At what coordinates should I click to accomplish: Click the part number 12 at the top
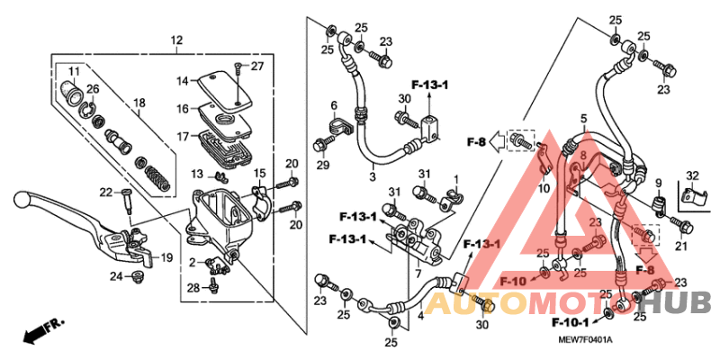(x=176, y=40)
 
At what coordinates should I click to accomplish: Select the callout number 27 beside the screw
(x=257, y=67)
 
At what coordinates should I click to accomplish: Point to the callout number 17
(x=182, y=137)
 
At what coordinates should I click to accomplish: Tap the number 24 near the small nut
(x=115, y=275)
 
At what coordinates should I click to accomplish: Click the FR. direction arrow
(x=40, y=330)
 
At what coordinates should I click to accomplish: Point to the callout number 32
(x=691, y=175)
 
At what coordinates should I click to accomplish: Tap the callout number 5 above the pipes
(x=583, y=119)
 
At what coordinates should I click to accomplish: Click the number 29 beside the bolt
(x=323, y=166)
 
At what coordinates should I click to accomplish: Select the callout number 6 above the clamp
(x=333, y=106)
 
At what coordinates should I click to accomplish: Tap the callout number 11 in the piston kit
(x=73, y=71)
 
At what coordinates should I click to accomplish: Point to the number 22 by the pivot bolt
(x=104, y=192)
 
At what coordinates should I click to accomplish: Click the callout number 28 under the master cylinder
(x=194, y=288)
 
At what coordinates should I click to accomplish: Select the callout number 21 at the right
(x=680, y=247)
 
